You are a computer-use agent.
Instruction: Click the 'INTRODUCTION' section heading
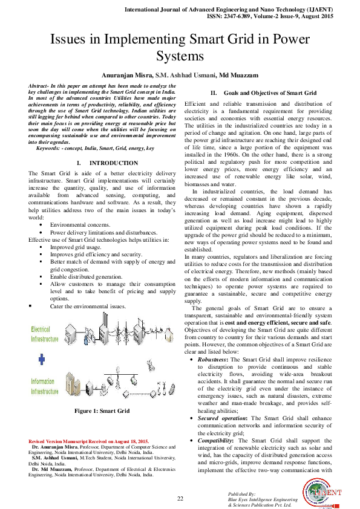click(x=114, y=163)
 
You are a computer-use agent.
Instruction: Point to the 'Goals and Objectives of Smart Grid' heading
click(x=270, y=93)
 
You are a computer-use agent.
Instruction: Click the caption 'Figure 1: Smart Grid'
click(x=102, y=411)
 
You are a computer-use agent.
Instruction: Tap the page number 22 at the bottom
click(x=180, y=498)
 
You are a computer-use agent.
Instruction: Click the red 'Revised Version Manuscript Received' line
click(x=88, y=442)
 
